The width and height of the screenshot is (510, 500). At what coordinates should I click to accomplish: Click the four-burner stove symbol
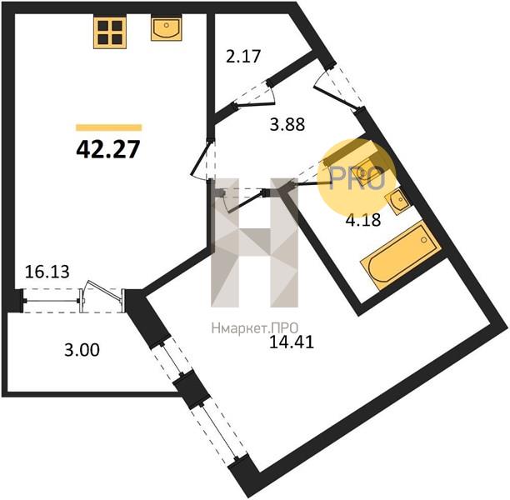(x=110, y=32)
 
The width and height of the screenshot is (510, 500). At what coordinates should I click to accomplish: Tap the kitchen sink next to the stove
(x=166, y=28)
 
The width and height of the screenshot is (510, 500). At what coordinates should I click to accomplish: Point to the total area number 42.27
(x=108, y=149)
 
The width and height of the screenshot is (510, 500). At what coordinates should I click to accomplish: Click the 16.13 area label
(x=47, y=272)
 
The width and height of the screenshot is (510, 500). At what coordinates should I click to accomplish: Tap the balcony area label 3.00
(x=82, y=350)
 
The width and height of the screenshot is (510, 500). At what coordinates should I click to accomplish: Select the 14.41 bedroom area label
(x=292, y=342)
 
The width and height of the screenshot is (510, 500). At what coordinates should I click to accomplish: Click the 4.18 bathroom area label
(x=363, y=220)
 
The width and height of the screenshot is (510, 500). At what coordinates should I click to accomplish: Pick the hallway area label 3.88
(x=287, y=124)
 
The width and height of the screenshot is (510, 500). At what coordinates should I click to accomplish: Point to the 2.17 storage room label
(x=243, y=56)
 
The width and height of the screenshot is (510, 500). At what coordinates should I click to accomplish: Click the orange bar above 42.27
(x=109, y=127)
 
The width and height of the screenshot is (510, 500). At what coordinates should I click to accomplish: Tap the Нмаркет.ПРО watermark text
(x=255, y=328)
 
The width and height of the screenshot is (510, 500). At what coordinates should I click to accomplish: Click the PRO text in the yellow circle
(x=357, y=178)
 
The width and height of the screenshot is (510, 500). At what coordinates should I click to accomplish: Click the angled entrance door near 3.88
(x=337, y=90)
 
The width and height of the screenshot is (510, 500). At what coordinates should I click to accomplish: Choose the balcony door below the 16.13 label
(x=102, y=296)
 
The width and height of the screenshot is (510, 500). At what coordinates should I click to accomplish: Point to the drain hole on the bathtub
(x=424, y=240)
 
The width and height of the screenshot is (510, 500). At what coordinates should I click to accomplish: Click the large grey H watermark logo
(x=255, y=242)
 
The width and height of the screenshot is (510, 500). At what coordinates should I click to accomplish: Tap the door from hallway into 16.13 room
(x=202, y=160)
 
